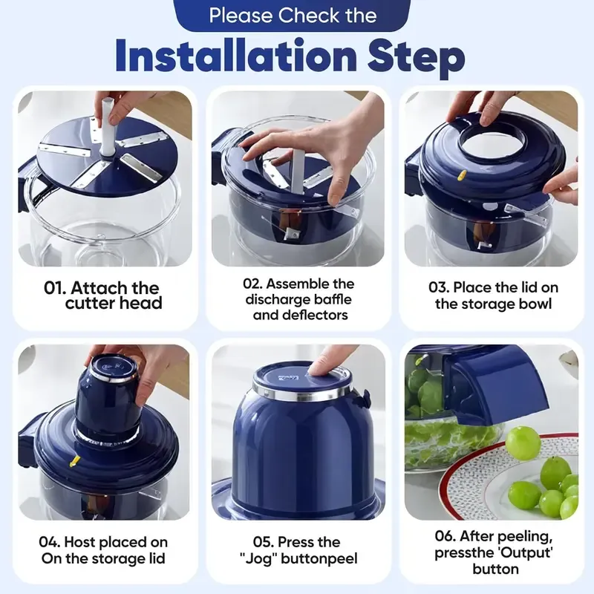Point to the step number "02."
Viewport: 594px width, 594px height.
253,284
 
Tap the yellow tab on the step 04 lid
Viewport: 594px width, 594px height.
74,461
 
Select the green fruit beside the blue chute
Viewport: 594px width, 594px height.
523,443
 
